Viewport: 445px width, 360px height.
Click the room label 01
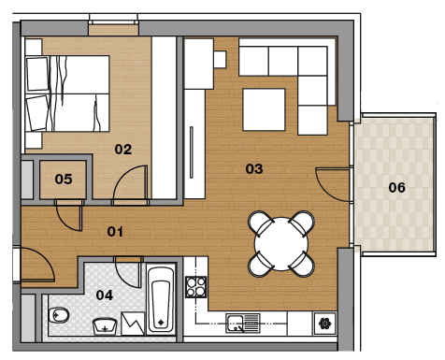115,232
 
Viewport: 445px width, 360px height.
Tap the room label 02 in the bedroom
123,150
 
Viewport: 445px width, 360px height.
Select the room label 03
254,169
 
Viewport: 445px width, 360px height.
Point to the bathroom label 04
105,295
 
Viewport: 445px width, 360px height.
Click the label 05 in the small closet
64,179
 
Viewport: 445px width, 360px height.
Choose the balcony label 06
396,187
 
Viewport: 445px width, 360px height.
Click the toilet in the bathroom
59,315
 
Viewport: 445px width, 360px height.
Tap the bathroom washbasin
105,326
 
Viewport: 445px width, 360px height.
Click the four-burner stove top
195,287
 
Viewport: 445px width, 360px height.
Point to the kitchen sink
243,324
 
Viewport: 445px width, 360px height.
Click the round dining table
281,244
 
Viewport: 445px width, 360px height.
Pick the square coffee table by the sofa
264,109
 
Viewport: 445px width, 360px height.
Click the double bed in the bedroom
67,94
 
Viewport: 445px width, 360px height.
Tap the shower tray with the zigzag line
133,324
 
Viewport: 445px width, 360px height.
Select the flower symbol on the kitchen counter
324,324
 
